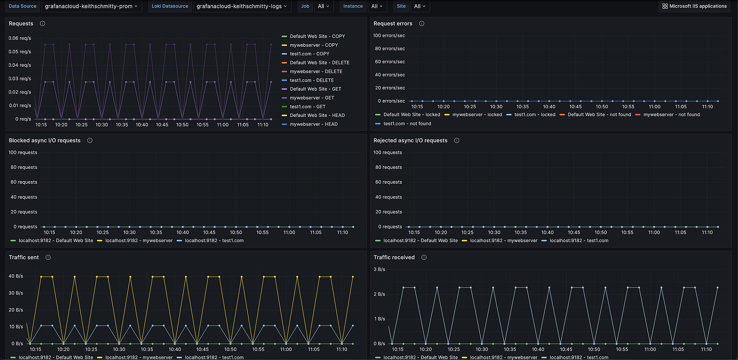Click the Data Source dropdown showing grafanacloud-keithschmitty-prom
pyautogui.click(x=91, y=6)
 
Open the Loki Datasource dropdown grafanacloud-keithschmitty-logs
pyautogui.click(x=241, y=6)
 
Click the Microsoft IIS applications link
pyautogui.click(x=694, y=6)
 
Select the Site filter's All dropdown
pyautogui.click(x=419, y=6)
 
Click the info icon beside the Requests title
pyautogui.click(x=43, y=24)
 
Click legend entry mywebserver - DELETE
pyautogui.click(x=316, y=71)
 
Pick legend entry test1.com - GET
pyautogui.click(x=307, y=107)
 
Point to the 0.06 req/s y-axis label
pyautogui.click(x=20, y=38)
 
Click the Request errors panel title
pyautogui.click(x=393, y=24)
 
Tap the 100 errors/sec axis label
pyautogui.click(x=389, y=36)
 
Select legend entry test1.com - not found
pyautogui.click(x=407, y=123)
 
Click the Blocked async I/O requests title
pyautogui.click(x=45, y=141)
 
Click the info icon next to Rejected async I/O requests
pyautogui.click(x=457, y=141)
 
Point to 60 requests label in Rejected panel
pyautogui.click(x=388, y=182)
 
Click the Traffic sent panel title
pyautogui.click(x=24, y=257)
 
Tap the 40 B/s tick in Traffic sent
pyautogui.click(x=16, y=276)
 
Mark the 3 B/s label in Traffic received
pyautogui.click(x=379, y=269)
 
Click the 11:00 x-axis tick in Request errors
pyautogui.click(x=654, y=107)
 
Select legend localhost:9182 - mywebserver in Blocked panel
pyautogui.click(x=139, y=241)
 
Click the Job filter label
pyautogui.click(x=305, y=6)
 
